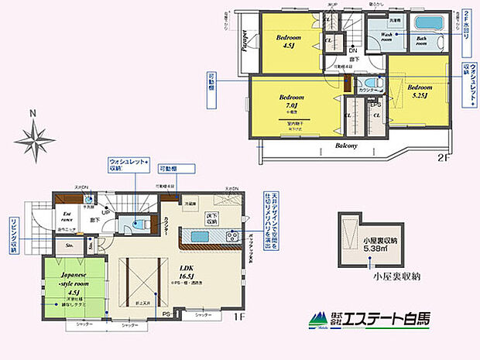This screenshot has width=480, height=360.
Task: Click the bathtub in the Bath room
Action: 428,22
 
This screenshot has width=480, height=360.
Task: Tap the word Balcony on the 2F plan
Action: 345,146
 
